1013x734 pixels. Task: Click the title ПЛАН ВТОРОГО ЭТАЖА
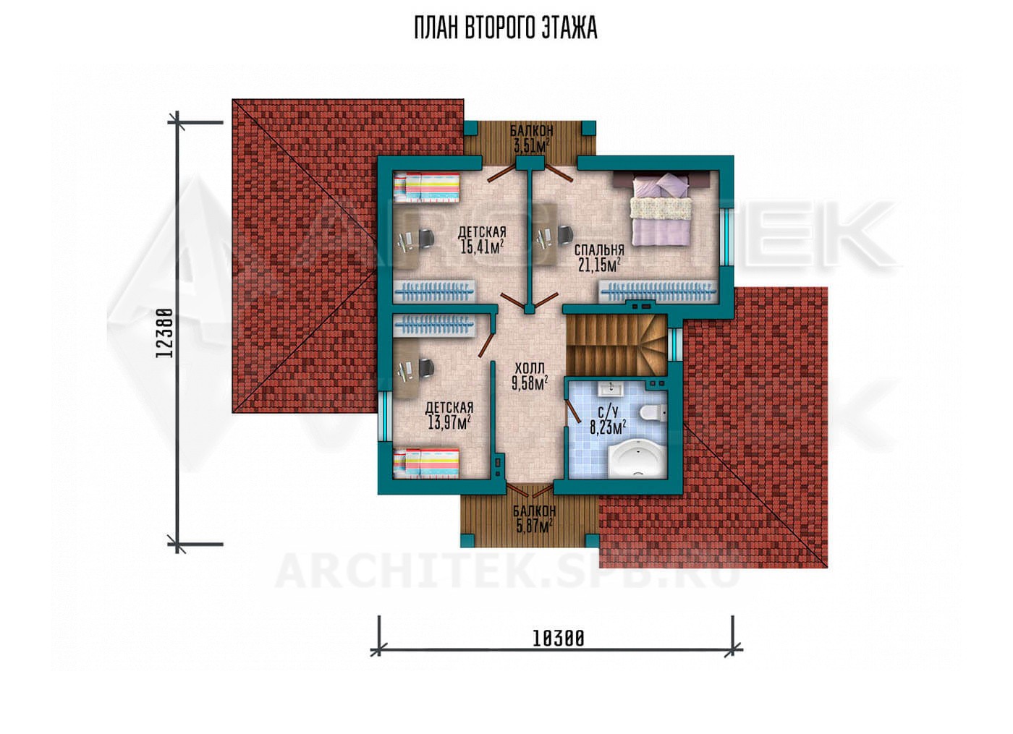pos(506,28)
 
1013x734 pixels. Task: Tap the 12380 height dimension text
pos(164,333)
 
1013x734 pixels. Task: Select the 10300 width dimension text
pos(559,639)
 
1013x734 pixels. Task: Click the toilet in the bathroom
pos(653,413)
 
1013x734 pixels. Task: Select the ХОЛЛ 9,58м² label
pos(530,376)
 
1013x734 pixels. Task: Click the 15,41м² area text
pos(482,247)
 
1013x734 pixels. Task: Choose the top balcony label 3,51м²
pos(531,146)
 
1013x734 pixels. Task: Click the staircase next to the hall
pos(616,345)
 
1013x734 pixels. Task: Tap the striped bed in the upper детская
pos(427,187)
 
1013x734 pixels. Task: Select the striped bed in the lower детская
pos(427,463)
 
